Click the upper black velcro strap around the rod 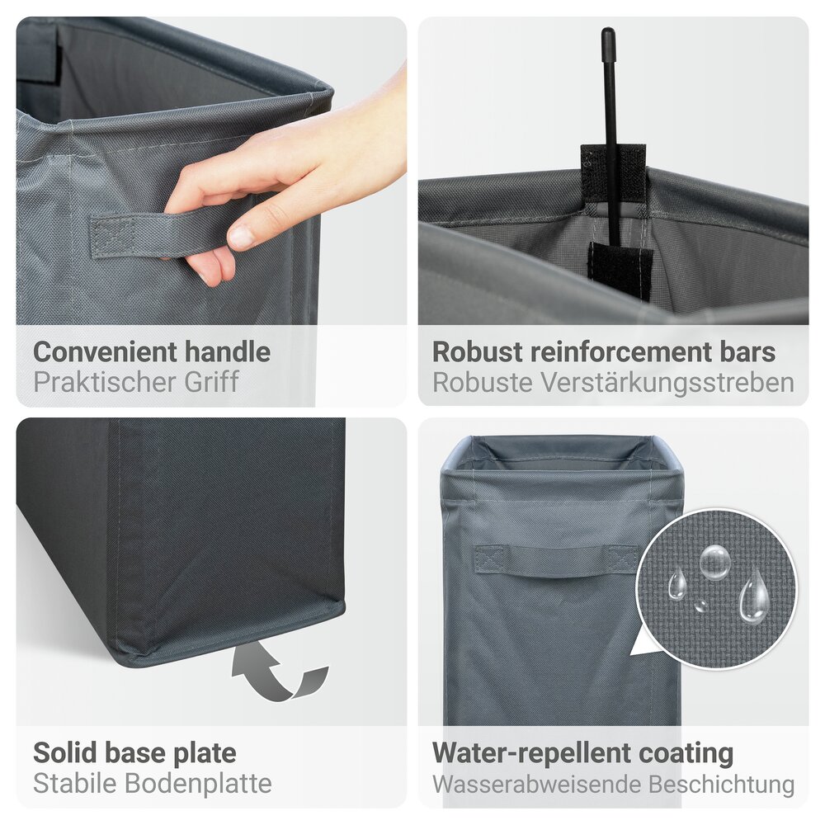point(612,170)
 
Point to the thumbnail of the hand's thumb point(241,238)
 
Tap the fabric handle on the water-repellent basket point(554,559)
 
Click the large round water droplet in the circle point(714,562)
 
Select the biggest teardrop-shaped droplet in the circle point(754,597)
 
